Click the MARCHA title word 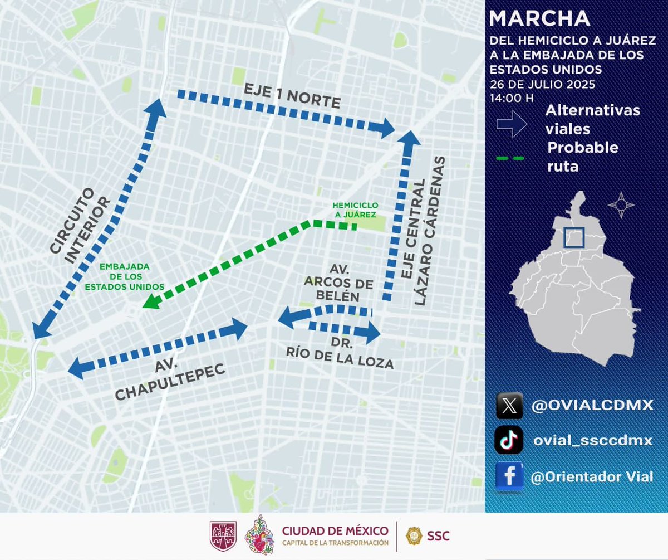[539, 18]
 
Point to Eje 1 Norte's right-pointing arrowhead [386, 128]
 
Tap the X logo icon [509, 406]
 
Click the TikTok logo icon [509, 440]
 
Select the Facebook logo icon [509, 476]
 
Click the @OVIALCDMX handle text [592, 405]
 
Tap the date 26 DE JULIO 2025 [542, 85]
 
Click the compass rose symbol [621, 205]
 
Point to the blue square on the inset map [573, 238]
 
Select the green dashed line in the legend [510, 158]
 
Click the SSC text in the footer [438, 536]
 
